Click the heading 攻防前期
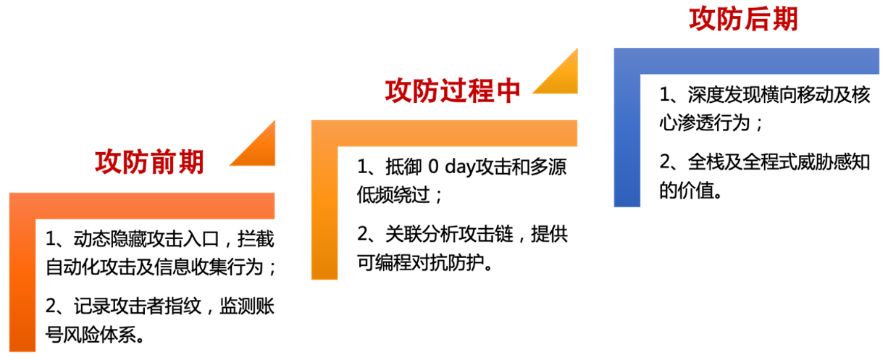(149, 162)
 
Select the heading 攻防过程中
(453, 91)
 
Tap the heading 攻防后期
(743, 19)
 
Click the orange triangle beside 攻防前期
(259, 151)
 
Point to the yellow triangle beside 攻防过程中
(563, 78)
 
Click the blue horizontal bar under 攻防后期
(747, 61)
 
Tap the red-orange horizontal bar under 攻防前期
(142, 206)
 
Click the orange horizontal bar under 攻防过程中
(445, 133)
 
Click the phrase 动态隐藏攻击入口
(146, 239)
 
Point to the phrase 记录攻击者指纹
(138, 306)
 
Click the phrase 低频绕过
(393, 195)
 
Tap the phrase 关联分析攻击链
(449, 234)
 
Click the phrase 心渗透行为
(705, 122)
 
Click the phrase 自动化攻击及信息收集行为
(154, 267)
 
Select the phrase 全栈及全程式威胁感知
(779, 162)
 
